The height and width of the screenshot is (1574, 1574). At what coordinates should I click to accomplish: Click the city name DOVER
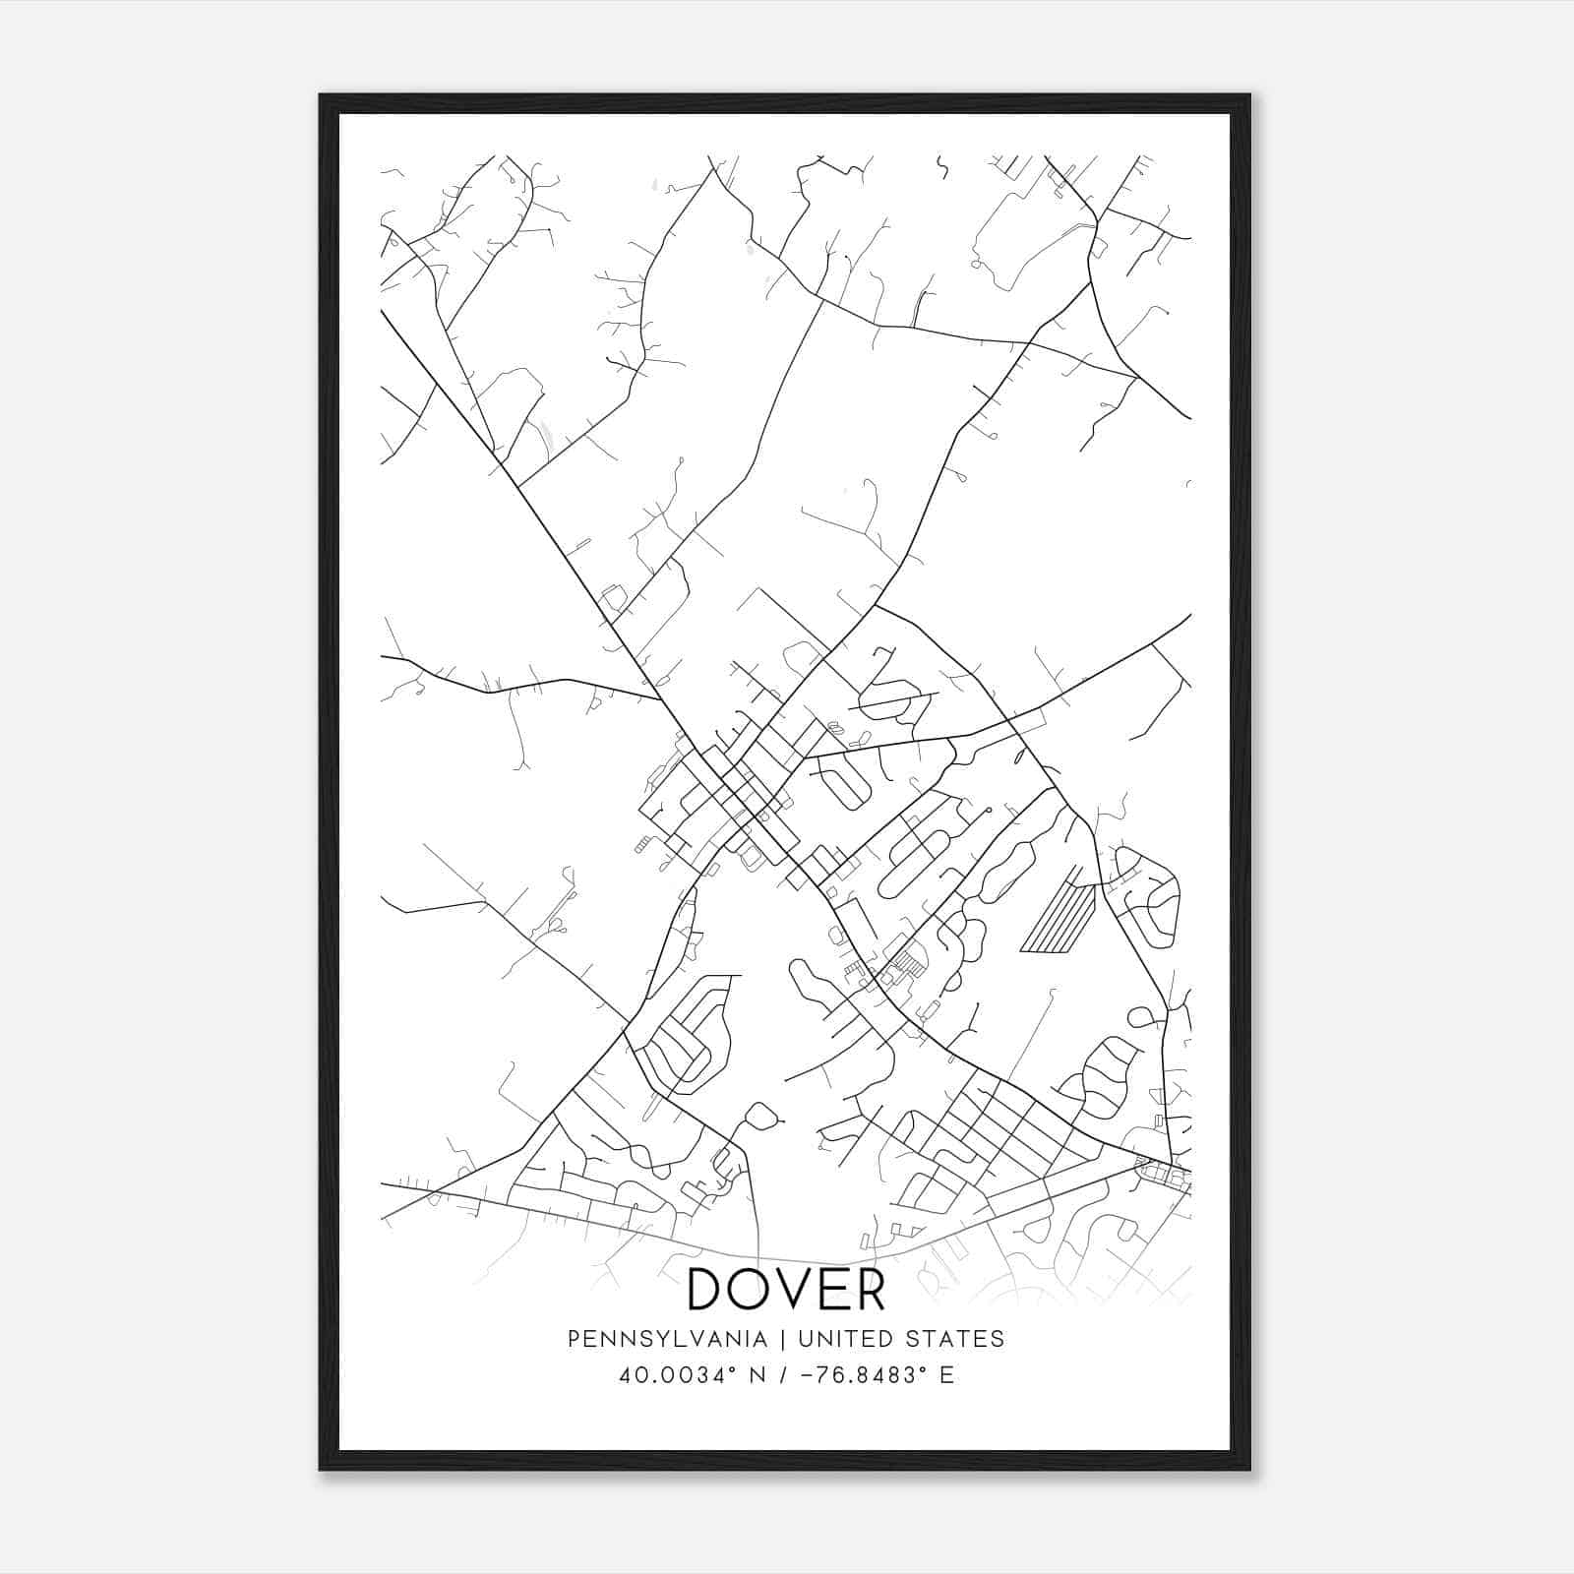[786, 1289]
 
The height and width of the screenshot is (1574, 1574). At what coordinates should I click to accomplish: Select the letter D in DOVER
[707, 1289]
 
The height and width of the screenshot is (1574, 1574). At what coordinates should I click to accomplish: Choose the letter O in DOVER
[750, 1289]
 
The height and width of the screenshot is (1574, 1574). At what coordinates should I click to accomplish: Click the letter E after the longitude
[946, 1375]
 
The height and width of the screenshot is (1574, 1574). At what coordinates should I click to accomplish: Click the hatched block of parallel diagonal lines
[1059, 917]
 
